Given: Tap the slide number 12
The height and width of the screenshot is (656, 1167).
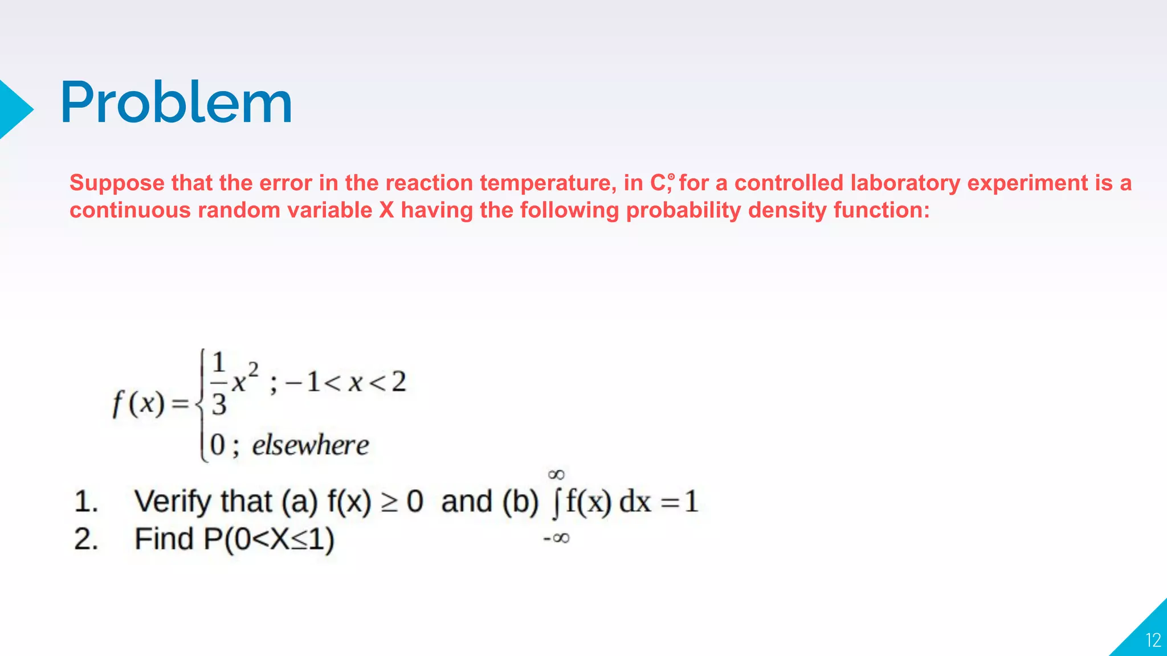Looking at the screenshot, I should (1153, 641).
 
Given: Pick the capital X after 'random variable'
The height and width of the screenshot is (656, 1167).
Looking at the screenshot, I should (386, 211).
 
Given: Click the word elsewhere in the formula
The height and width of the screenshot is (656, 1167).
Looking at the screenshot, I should (311, 445).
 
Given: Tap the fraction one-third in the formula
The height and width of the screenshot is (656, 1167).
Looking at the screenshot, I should (219, 384).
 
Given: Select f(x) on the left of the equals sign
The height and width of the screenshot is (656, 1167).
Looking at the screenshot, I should (139, 404).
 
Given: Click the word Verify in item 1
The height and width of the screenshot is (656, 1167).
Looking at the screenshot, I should (172, 502).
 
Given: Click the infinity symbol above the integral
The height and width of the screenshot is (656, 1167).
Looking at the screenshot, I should (556, 474).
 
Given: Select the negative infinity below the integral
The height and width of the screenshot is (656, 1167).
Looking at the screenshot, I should (557, 538).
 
